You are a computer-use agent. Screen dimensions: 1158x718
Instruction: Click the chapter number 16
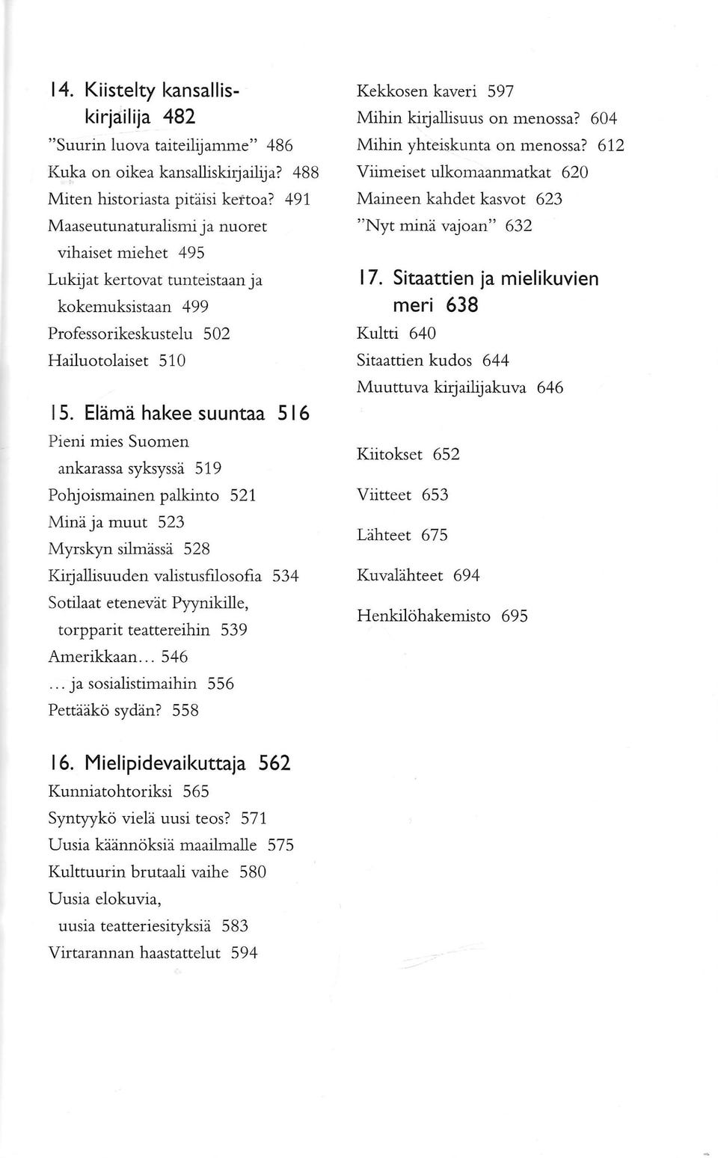point(62,764)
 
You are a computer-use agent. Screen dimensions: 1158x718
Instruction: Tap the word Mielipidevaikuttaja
point(165,764)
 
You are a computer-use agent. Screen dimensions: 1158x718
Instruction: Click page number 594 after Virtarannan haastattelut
point(245,953)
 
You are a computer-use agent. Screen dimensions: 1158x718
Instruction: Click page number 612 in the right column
point(610,145)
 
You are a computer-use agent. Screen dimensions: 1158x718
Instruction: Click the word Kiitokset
point(389,454)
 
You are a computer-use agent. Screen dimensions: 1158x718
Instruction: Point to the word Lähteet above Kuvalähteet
point(384,535)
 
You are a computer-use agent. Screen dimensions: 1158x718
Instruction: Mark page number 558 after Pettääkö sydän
point(185,711)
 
